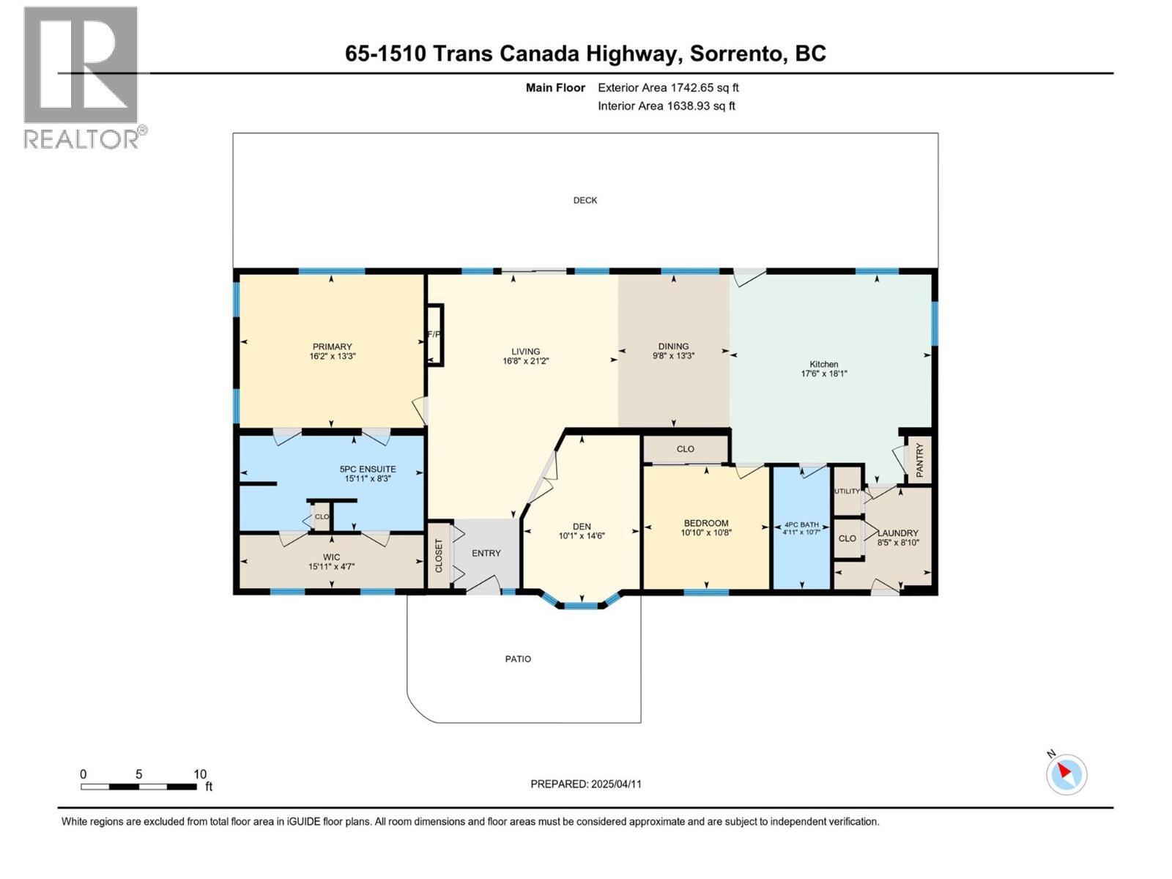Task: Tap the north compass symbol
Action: pos(1066,774)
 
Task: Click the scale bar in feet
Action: pos(139,787)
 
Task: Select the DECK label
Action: pos(585,200)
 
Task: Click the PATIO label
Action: pos(518,659)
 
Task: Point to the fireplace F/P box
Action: pos(434,335)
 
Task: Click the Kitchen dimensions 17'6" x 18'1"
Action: pos(823,374)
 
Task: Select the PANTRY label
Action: pos(920,459)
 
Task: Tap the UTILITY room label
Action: pos(847,492)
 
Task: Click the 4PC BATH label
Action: pos(801,524)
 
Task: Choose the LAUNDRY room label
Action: pos(898,533)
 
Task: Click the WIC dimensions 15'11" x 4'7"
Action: pos(331,566)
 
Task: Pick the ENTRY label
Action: pos(486,553)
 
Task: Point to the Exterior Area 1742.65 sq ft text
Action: pos(668,87)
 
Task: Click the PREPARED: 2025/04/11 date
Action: pos(585,784)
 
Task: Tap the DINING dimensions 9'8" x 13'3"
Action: pos(673,356)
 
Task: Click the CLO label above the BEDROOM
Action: pos(685,449)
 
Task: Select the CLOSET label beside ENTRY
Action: pos(439,555)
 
